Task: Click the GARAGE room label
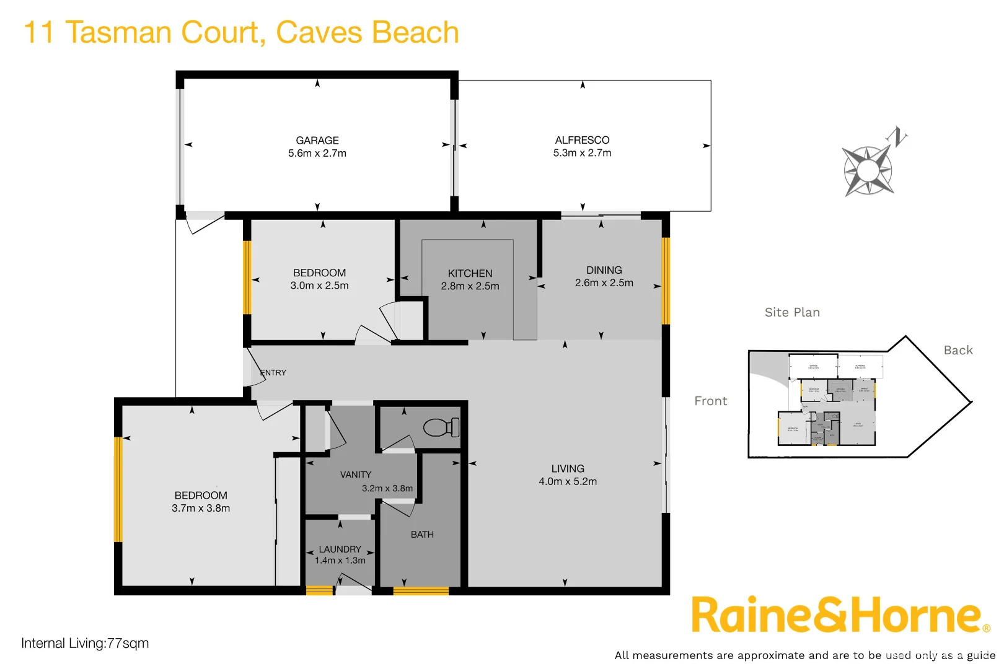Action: [x=317, y=141]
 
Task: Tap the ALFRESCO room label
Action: [x=582, y=140]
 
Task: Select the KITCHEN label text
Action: [x=470, y=273]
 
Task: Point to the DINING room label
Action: [x=604, y=270]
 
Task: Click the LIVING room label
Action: [x=568, y=469]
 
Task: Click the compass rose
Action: [x=868, y=170]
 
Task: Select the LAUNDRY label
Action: [x=340, y=549]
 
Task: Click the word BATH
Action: [x=422, y=535]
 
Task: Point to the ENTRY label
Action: [x=273, y=373]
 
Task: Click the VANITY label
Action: [x=356, y=474]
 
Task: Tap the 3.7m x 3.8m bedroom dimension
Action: [x=201, y=508]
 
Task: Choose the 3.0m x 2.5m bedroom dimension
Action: [x=319, y=286]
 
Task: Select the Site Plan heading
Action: [x=792, y=312]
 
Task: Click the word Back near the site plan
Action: [x=958, y=350]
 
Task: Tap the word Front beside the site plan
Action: [x=710, y=401]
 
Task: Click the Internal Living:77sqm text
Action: [x=85, y=643]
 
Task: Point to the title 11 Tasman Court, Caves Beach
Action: [x=240, y=32]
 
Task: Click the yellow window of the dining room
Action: [x=666, y=281]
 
